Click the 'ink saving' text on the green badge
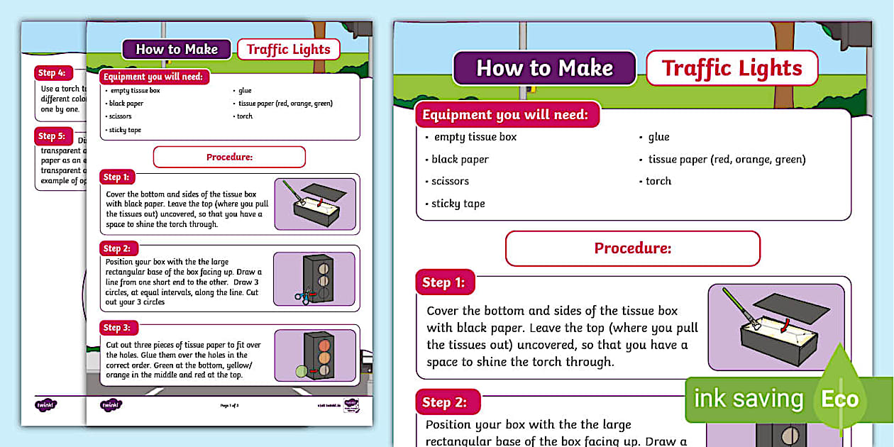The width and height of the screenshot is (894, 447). [748, 399]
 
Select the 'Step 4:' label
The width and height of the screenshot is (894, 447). [52, 72]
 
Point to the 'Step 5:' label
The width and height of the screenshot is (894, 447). [52, 136]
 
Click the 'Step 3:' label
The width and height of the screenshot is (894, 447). [117, 328]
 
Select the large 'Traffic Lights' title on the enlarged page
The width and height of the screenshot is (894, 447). [732, 68]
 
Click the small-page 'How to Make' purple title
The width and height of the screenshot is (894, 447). [177, 49]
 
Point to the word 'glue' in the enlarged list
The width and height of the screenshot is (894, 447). [658, 137]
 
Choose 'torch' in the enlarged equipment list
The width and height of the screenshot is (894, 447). [658, 181]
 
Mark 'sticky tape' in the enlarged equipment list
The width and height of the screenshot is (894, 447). [458, 204]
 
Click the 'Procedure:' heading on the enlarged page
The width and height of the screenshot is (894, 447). [632, 248]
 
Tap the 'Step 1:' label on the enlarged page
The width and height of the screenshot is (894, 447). [444, 282]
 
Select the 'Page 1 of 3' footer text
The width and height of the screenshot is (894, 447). [230, 405]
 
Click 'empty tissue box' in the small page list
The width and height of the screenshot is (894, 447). [134, 91]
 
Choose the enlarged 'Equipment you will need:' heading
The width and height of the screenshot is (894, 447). [505, 114]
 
